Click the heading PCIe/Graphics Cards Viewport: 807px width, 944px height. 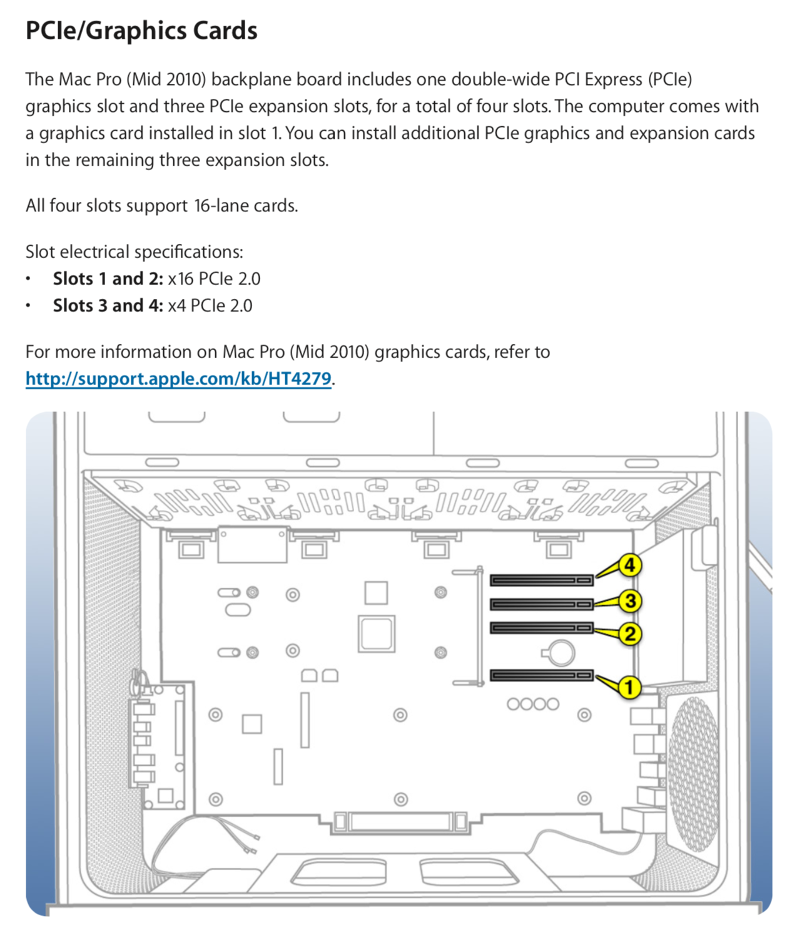[x=141, y=31]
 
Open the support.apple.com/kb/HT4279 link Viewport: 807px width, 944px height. [x=178, y=379]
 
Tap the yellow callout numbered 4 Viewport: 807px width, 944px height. [x=629, y=565]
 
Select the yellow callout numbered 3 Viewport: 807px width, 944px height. [x=630, y=601]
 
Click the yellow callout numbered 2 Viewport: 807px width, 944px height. [x=630, y=634]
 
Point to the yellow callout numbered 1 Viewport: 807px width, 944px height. [x=629, y=687]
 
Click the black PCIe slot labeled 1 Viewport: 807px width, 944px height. [x=541, y=675]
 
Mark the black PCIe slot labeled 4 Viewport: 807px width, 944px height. [x=541, y=581]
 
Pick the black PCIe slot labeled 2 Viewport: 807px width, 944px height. [x=541, y=628]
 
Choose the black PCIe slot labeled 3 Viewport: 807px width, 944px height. [x=541, y=604]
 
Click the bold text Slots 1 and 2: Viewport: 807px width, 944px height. [x=108, y=279]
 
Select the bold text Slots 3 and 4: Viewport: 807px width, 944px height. [x=108, y=306]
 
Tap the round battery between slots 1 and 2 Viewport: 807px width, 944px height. [x=559, y=653]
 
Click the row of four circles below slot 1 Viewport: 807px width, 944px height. [x=532, y=704]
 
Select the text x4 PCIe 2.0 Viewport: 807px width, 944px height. [x=210, y=306]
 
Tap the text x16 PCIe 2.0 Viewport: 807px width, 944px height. [x=214, y=279]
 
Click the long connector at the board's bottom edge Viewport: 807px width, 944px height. [x=400, y=821]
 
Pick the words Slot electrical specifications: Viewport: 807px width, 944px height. [x=134, y=252]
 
